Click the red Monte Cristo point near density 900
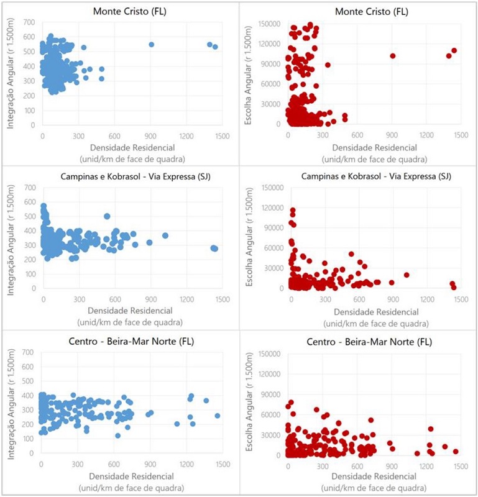click(393, 56)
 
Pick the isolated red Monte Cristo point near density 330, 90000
click(328, 65)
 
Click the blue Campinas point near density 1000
click(165, 235)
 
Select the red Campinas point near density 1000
click(407, 275)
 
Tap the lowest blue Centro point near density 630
click(117, 435)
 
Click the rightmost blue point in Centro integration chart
click(217, 416)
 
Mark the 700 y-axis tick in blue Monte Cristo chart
click(29, 22)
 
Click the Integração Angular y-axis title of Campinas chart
click(11, 238)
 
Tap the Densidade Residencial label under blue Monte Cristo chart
click(131, 147)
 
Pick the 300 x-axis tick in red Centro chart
click(323, 465)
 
